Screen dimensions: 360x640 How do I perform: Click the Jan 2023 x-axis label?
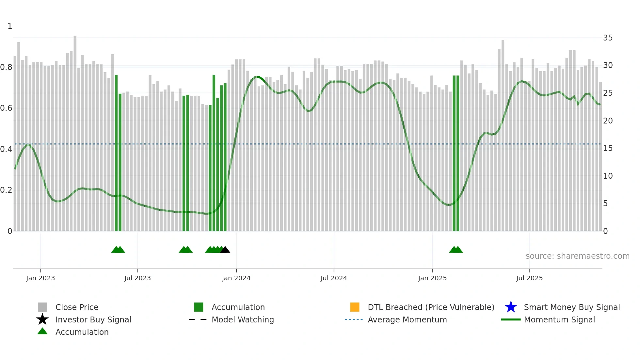click(40, 278)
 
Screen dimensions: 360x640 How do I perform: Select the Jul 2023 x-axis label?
click(137, 278)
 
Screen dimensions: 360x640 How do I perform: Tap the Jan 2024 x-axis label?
click(236, 278)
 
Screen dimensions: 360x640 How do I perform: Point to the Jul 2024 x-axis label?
click(334, 278)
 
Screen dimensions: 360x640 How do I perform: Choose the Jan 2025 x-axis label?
click(432, 278)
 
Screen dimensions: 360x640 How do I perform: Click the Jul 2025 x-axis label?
click(529, 278)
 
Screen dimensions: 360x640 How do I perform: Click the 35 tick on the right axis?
click(608, 38)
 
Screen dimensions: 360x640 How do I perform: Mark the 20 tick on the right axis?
click(608, 121)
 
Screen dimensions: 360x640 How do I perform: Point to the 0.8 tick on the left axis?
click(6, 67)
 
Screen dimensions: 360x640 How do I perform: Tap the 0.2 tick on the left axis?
click(6, 190)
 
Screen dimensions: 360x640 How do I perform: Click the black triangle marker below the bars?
click(225, 250)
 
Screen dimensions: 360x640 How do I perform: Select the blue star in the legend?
click(511, 307)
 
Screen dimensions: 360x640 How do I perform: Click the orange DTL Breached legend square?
click(355, 307)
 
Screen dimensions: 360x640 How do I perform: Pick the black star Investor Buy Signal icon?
click(42, 319)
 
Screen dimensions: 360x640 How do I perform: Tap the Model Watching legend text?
click(243, 320)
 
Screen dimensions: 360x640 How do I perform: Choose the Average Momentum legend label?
click(407, 320)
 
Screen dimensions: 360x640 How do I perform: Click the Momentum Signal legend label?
click(559, 320)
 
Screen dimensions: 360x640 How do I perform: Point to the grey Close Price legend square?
click(42, 307)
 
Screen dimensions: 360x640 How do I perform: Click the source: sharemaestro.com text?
click(577, 256)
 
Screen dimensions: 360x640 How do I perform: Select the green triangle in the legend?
click(42, 332)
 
